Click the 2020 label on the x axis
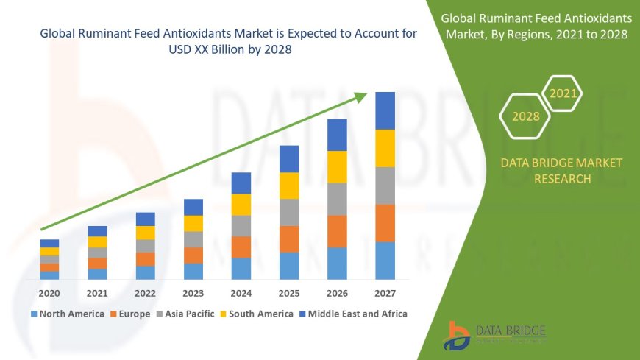49,293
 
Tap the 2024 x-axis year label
241,293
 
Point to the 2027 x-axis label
385,293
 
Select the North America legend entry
67,314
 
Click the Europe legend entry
131,314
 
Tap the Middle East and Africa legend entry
352,314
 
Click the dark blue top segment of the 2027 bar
385,110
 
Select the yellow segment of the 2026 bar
337,166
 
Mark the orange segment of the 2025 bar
289,239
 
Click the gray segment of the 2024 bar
241,225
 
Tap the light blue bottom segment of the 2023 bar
193,271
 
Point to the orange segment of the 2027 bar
385,222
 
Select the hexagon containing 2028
525,116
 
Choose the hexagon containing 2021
563,93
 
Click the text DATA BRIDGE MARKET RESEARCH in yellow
550,171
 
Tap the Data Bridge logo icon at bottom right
457,336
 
